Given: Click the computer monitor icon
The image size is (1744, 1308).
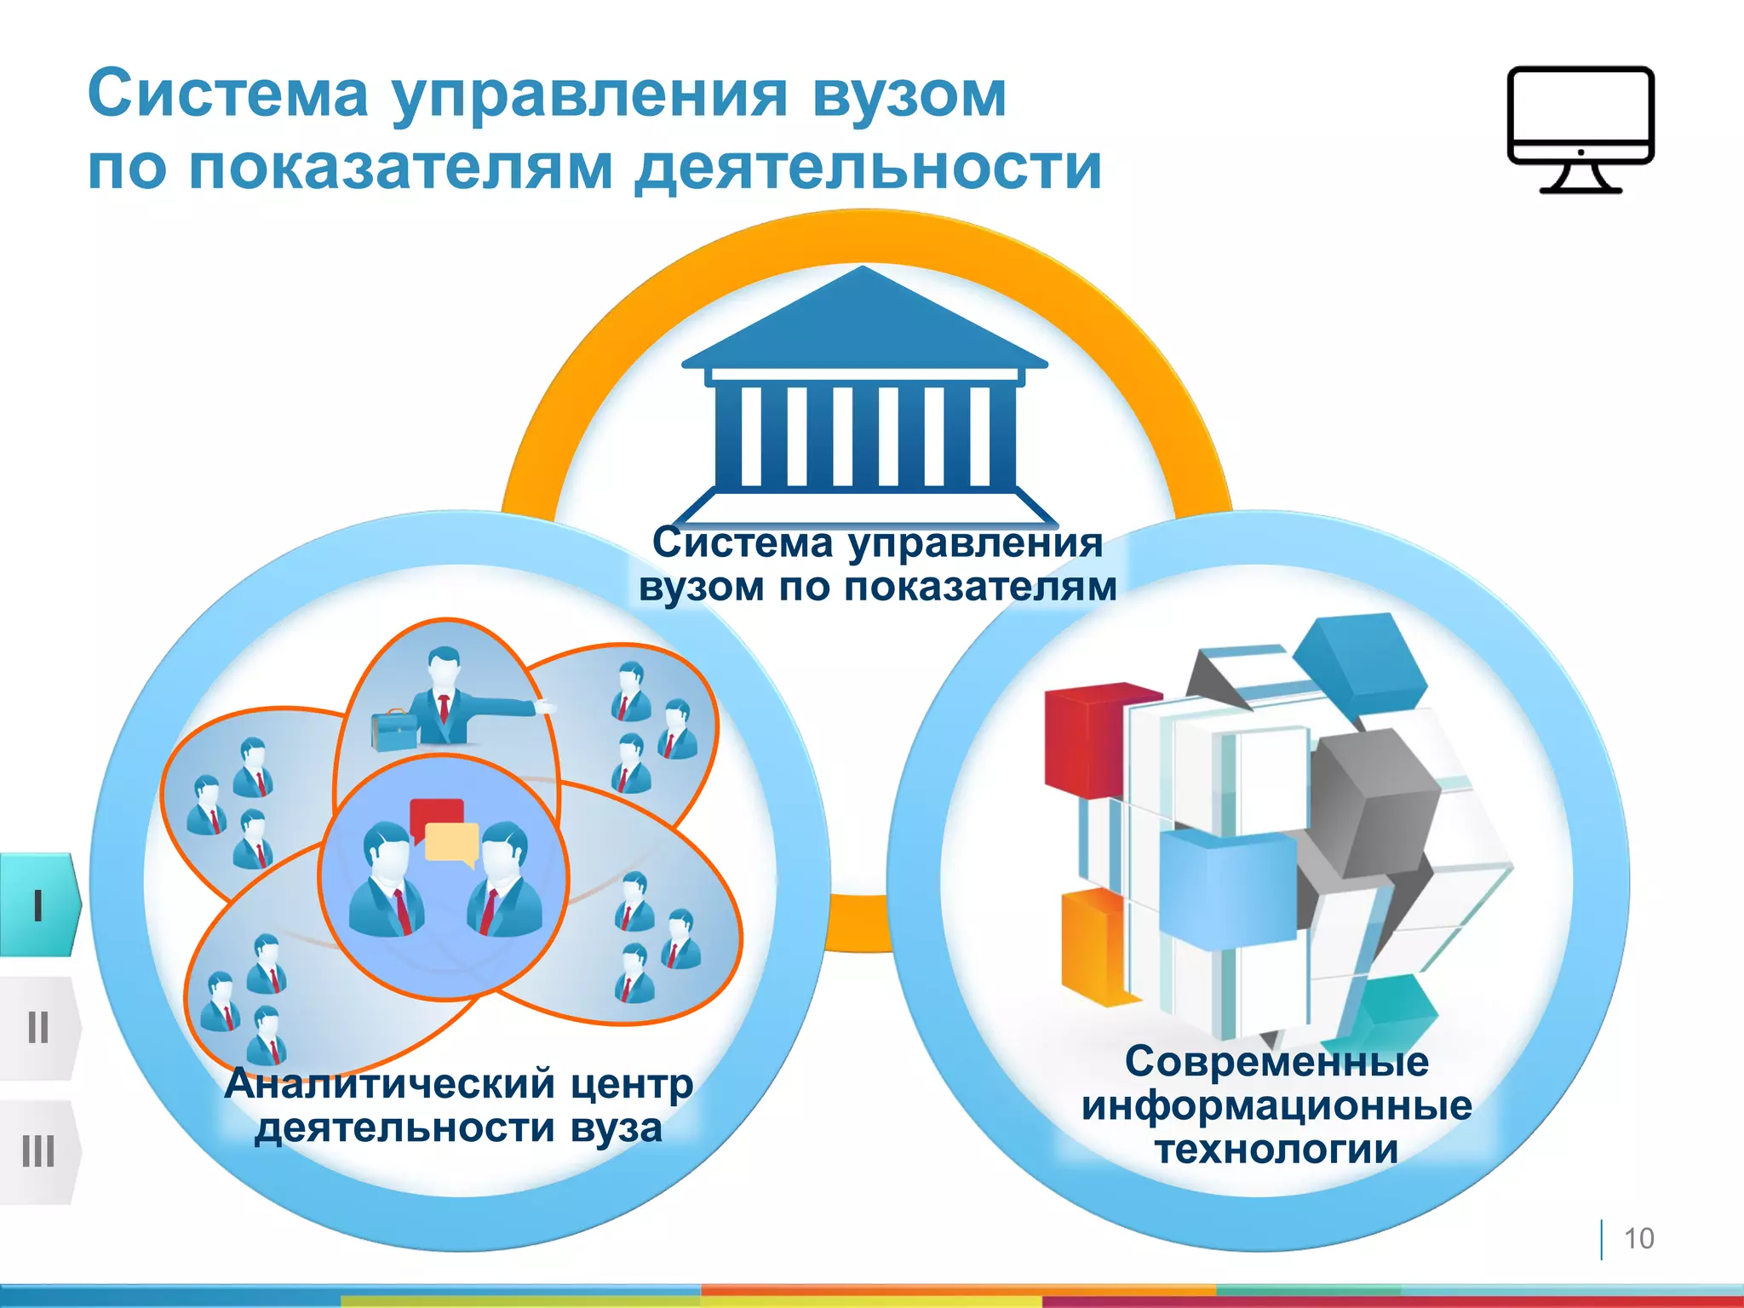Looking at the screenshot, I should click(x=1580, y=128).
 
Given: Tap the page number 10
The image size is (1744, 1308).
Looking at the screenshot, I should click(x=1638, y=1238).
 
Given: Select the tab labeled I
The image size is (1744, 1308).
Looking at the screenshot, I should click(x=38, y=905).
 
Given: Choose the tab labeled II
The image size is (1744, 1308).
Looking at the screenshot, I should click(x=38, y=1028).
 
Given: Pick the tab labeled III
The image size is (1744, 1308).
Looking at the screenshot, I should click(x=38, y=1151).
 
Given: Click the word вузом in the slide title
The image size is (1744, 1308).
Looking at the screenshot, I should click(x=909, y=95).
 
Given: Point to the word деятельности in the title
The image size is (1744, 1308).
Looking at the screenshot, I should click(x=869, y=168).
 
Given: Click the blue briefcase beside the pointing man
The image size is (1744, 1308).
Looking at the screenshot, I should click(x=393, y=730).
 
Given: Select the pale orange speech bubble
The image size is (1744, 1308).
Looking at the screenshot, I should click(x=451, y=843).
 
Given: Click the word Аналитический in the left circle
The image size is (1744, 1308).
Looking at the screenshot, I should click(x=389, y=1085).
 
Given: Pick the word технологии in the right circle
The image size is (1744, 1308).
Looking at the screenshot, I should click(x=1276, y=1150).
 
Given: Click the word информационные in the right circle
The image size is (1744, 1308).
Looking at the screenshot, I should click(x=1276, y=1106).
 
